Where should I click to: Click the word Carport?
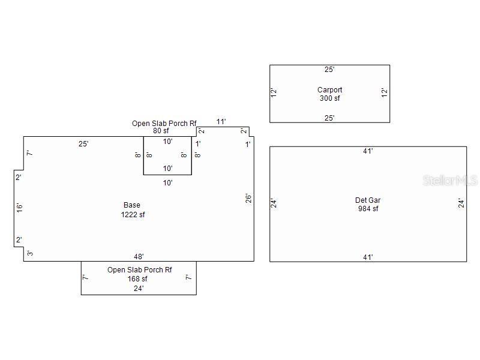coord(329,90)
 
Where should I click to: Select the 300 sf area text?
coord(329,98)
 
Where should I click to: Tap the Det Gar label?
coord(368,200)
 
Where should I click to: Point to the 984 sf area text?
coord(368,209)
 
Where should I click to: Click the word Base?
coord(132,205)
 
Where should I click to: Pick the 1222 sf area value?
coord(133,215)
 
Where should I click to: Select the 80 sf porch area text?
coord(161,131)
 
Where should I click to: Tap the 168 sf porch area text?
coord(137,279)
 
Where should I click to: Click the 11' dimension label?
coord(221,122)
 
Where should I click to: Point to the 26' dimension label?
coord(248,198)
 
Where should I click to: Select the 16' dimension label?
coord(19,208)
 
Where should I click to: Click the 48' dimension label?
coord(139,257)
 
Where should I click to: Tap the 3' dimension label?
coord(30,253)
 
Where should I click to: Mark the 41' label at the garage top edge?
coord(368,151)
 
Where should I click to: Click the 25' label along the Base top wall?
coord(83,143)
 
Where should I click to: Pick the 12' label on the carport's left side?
coord(274,92)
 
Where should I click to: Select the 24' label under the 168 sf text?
coord(139,289)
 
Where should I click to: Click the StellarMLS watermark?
coord(450,181)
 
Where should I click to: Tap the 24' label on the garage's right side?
coord(461,203)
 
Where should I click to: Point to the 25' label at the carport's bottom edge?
coord(329,118)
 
